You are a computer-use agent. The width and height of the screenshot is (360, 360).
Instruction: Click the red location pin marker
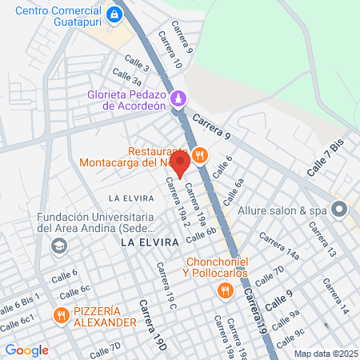pos(180,164)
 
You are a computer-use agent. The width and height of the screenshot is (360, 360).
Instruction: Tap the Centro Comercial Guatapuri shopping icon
pos(115,15)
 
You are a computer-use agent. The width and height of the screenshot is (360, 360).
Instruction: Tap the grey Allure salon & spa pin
pos(338,210)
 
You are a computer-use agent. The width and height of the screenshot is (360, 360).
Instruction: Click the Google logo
pos(26,350)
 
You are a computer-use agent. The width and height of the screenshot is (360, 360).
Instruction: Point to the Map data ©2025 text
pos(324,353)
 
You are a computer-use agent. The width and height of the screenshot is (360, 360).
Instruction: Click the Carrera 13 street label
pos(322,239)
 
